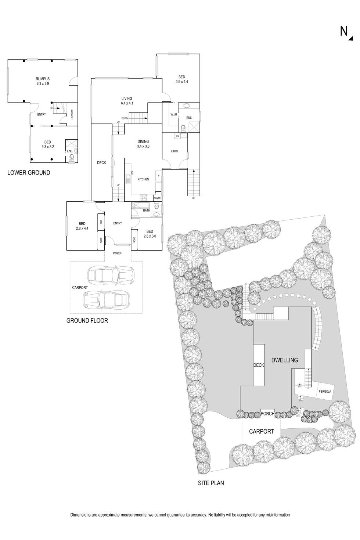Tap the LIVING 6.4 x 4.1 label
click(127, 101)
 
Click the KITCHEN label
click(143, 179)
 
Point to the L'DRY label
click(174, 151)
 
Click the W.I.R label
click(174, 115)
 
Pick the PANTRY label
click(158, 198)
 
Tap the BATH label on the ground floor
click(147, 210)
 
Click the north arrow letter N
click(344, 32)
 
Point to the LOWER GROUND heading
click(29, 173)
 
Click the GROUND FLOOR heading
click(87, 320)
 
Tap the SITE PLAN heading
click(210, 483)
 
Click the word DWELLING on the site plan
click(284, 360)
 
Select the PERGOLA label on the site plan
click(325, 392)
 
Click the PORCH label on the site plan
click(267, 414)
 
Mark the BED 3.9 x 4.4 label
click(182, 79)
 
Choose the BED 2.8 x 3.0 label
click(150, 234)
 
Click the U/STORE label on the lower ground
click(72, 114)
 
